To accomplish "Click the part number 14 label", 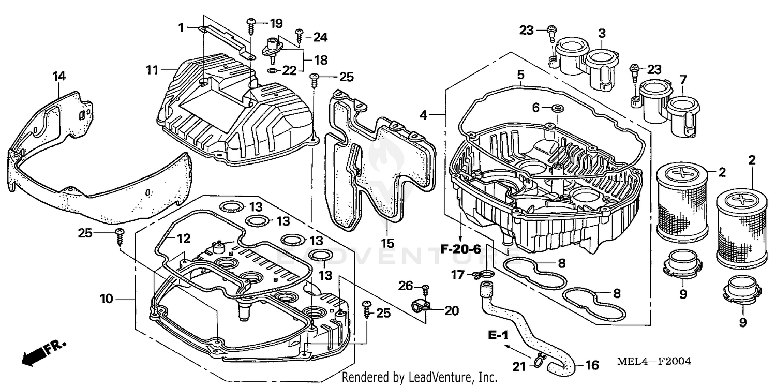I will [59, 77].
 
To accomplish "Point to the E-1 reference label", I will [498, 337].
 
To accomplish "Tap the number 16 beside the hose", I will [592, 366].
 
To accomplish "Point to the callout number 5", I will [520, 76].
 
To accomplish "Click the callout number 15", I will [388, 243].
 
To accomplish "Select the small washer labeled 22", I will [272, 70].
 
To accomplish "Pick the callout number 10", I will [106, 299].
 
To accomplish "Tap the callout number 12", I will [184, 239].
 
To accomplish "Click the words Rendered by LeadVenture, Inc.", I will [420, 378].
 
